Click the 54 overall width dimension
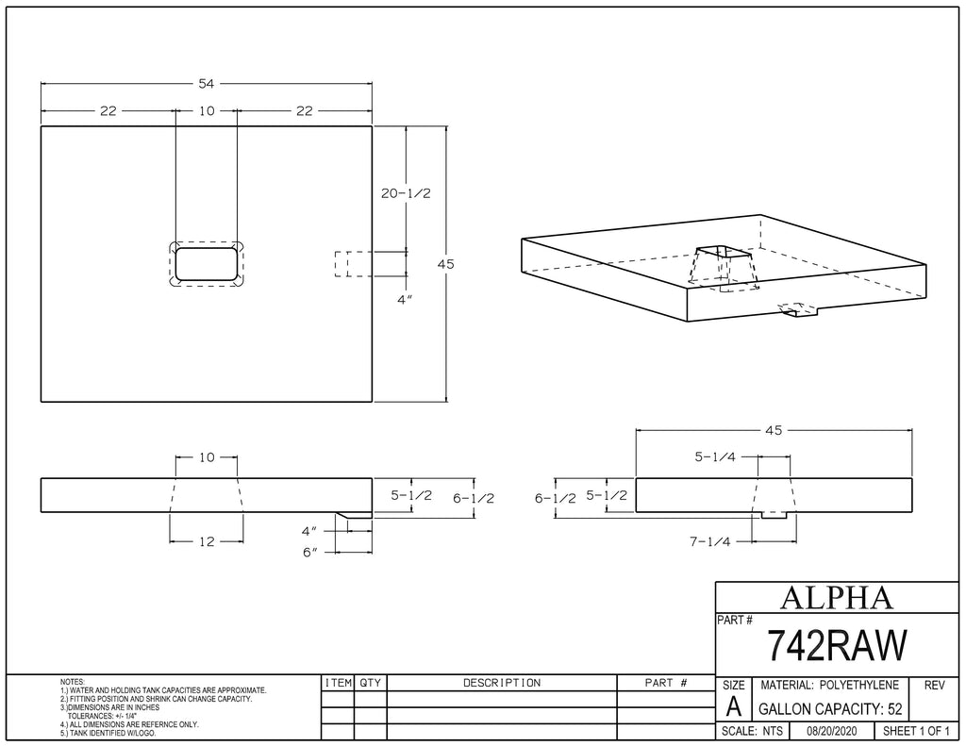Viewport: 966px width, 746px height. click(x=207, y=84)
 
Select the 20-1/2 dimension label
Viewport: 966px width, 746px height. click(x=406, y=193)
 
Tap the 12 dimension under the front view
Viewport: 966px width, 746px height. click(x=207, y=542)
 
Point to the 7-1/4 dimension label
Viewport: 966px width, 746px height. click(x=709, y=542)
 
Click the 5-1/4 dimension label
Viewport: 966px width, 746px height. click(x=715, y=457)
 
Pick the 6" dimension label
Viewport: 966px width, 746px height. click(x=309, y=553)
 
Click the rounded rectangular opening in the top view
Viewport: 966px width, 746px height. click(x=207, y=264)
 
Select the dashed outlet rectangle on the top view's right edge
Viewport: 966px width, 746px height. click(x=354, y=264)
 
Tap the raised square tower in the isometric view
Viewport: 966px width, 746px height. click(x=723, y=267)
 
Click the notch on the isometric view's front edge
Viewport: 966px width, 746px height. click(x=798, y=310)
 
